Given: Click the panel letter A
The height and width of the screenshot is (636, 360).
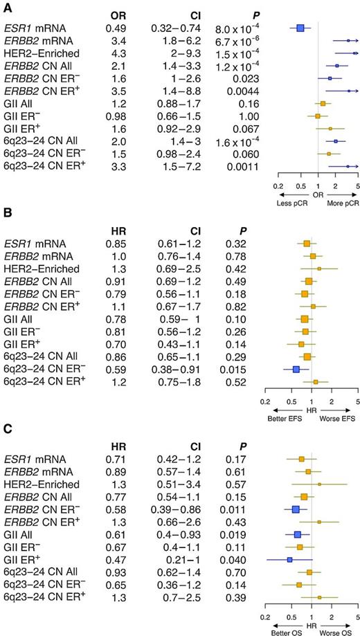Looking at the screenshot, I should pos(7,6).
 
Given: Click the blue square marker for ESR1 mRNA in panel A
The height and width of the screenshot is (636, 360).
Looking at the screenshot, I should pos(300,28).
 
